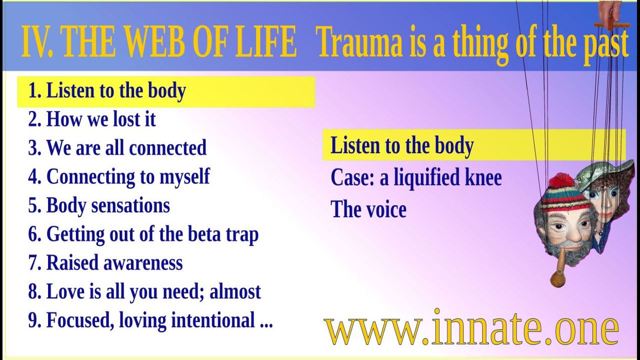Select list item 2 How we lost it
[92, 119]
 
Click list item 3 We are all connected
[117, 147]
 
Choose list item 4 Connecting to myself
[119, 177]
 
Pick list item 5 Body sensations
[99, 205]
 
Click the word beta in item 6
[204, 234]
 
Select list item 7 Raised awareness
[105, 262]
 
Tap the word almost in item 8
[235, 291]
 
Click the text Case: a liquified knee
[416, 177]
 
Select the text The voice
[368, 209]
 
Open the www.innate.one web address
[471, 327]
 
